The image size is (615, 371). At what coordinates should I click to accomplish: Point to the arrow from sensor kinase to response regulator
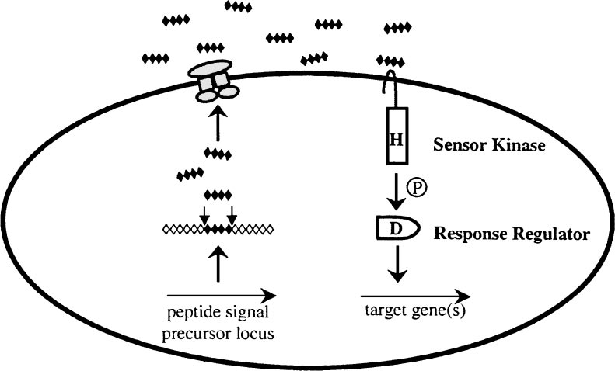point(397,191)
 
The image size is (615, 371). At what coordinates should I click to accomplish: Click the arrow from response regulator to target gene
point(397,264)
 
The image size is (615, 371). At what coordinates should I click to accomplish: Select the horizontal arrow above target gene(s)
point(415,296)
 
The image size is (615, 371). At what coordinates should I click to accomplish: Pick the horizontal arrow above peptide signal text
point(222,295)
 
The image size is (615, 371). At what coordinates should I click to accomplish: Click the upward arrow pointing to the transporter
point(218,121)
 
